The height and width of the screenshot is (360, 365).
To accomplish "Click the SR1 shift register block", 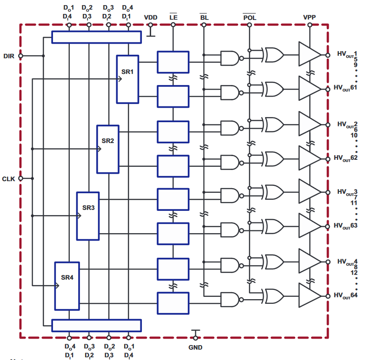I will (x=127, y=79).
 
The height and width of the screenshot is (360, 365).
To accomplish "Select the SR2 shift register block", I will (x=107, y=149).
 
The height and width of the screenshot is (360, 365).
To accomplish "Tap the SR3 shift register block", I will (x=88, y=216).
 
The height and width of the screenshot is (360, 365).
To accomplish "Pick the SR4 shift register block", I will (x=67, y=285).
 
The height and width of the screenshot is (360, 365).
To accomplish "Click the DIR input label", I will (x=8, y=56).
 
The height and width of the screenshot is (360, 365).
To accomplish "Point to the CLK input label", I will (x=8, y=179).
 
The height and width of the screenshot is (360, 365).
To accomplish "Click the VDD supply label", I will (x=151, y=17).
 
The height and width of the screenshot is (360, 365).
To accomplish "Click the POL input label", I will (x=250, y=17).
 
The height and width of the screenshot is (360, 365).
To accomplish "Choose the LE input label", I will (x=173, y=17).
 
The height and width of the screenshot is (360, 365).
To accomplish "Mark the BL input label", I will (x=204, y=17).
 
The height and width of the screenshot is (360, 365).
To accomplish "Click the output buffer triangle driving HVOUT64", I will (x=308, y=295).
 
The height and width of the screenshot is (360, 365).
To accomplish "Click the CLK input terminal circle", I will (x=20, y=179).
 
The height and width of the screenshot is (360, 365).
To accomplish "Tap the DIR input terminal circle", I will (x=20, y=56).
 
